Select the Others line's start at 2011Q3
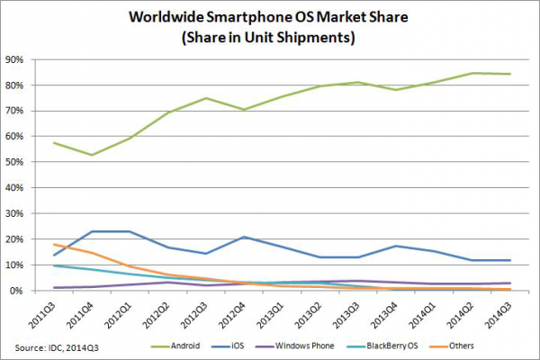pos(56,245)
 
